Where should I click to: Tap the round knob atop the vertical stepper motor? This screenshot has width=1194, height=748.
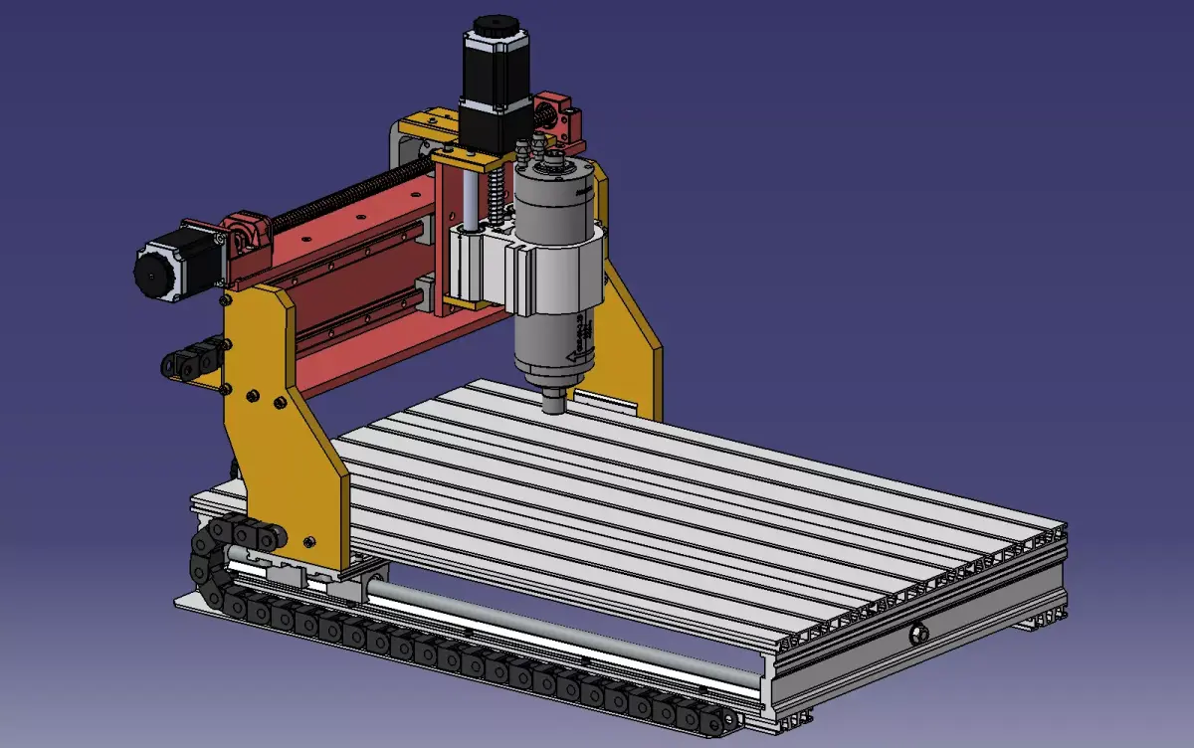(x=492, y=22)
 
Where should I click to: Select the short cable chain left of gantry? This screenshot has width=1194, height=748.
(x=189, y=360)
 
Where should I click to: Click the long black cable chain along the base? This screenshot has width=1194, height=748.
(x=448, y=661)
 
